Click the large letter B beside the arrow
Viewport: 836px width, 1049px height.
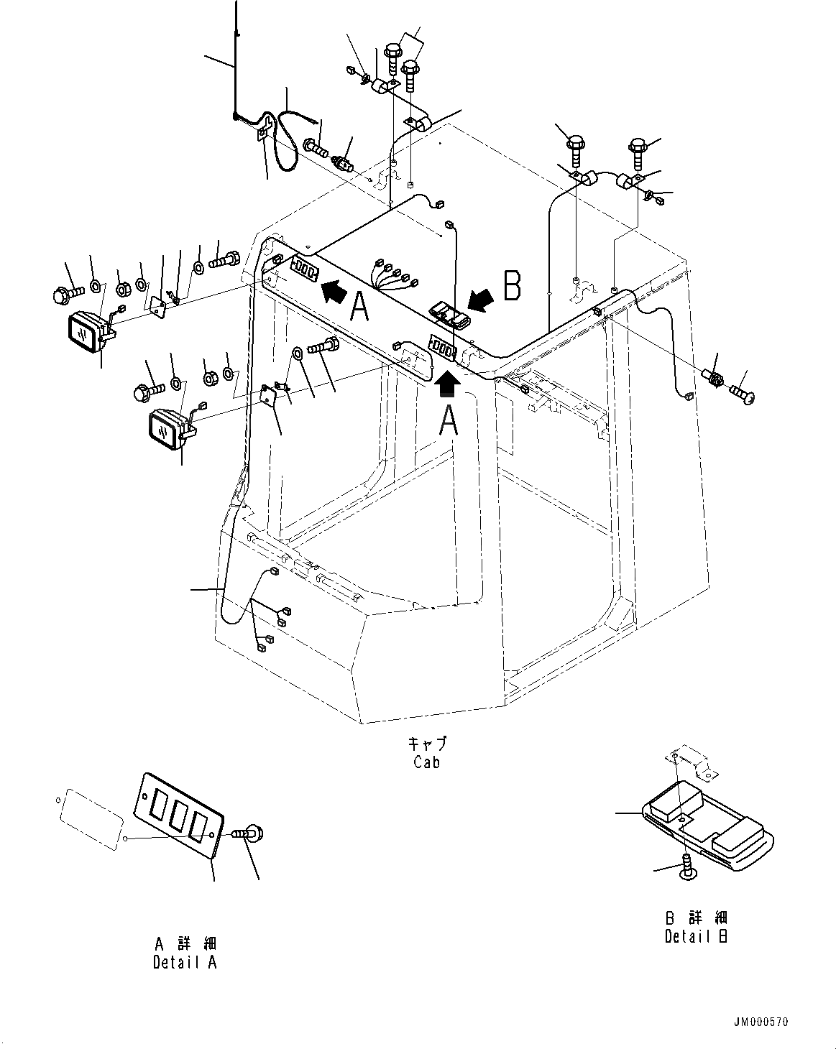(x=512, y=286)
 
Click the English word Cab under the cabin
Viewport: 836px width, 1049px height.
(x=426, y=763)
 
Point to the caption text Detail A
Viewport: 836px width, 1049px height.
(x=185, y=962)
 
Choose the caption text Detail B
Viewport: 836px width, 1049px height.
(x=696, y=936)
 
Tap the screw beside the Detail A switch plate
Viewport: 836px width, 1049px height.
(x=249, y=834)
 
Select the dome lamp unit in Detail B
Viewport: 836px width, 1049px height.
(x=708, y=826)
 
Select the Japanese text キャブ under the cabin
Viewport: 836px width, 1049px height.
(x=426, y=743)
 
